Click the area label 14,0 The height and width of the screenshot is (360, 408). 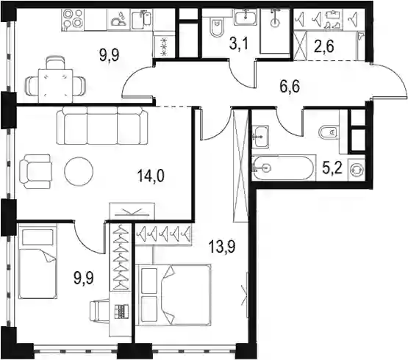click(151, 176)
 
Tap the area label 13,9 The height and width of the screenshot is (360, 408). click(222, 247)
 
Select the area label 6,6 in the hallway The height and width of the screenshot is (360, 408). click(290, 87)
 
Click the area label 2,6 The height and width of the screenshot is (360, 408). click(324, 47)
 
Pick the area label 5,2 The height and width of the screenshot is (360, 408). click(332, 168)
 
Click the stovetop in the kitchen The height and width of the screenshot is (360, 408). click(73, 19)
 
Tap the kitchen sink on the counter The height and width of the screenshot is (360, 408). click(141, 19)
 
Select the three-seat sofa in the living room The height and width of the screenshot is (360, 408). click(102, 126)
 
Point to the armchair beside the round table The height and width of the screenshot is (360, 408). click(35, 171)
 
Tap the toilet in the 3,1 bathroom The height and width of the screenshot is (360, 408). click(217, 27)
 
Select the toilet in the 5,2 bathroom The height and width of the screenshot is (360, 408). click(329, 133)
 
